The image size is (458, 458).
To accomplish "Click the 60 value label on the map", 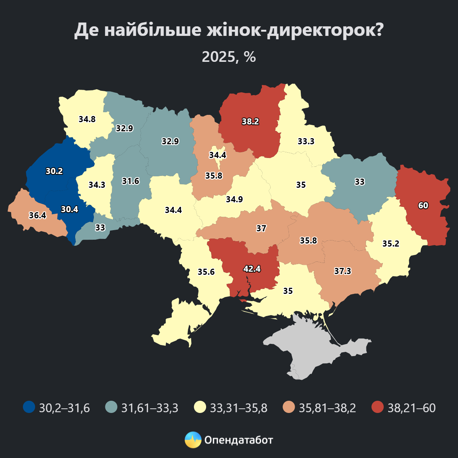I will [x=423, y=205].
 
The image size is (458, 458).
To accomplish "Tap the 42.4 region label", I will [x=252, y=269].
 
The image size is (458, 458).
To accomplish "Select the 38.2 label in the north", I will [x=250, y=122].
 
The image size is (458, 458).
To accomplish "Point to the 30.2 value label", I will [x=54, y=171].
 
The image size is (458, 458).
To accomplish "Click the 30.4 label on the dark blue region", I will [x=69, y=209].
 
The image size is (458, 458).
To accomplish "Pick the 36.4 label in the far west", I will [x=37, y=215].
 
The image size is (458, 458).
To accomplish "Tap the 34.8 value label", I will [x=87, y=119].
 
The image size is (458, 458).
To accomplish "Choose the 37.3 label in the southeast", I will [x=342, y=271].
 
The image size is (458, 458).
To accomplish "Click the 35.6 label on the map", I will [x=206, y=272].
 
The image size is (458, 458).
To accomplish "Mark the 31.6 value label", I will [x=131, y=181].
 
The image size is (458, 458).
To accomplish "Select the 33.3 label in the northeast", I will [x=306, y=141].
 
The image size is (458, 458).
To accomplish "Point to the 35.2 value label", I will [x=391, y=244].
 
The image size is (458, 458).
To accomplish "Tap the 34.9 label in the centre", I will [x=234, y=199].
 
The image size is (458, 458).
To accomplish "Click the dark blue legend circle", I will [x=29, y=408].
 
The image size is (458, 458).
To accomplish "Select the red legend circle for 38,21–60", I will [x=377, y=408].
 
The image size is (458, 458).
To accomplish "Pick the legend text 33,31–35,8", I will [x=239, y=408].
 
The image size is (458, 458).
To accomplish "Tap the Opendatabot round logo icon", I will [x=193, y=440].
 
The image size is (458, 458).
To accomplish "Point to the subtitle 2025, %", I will [x=229, y=57].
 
